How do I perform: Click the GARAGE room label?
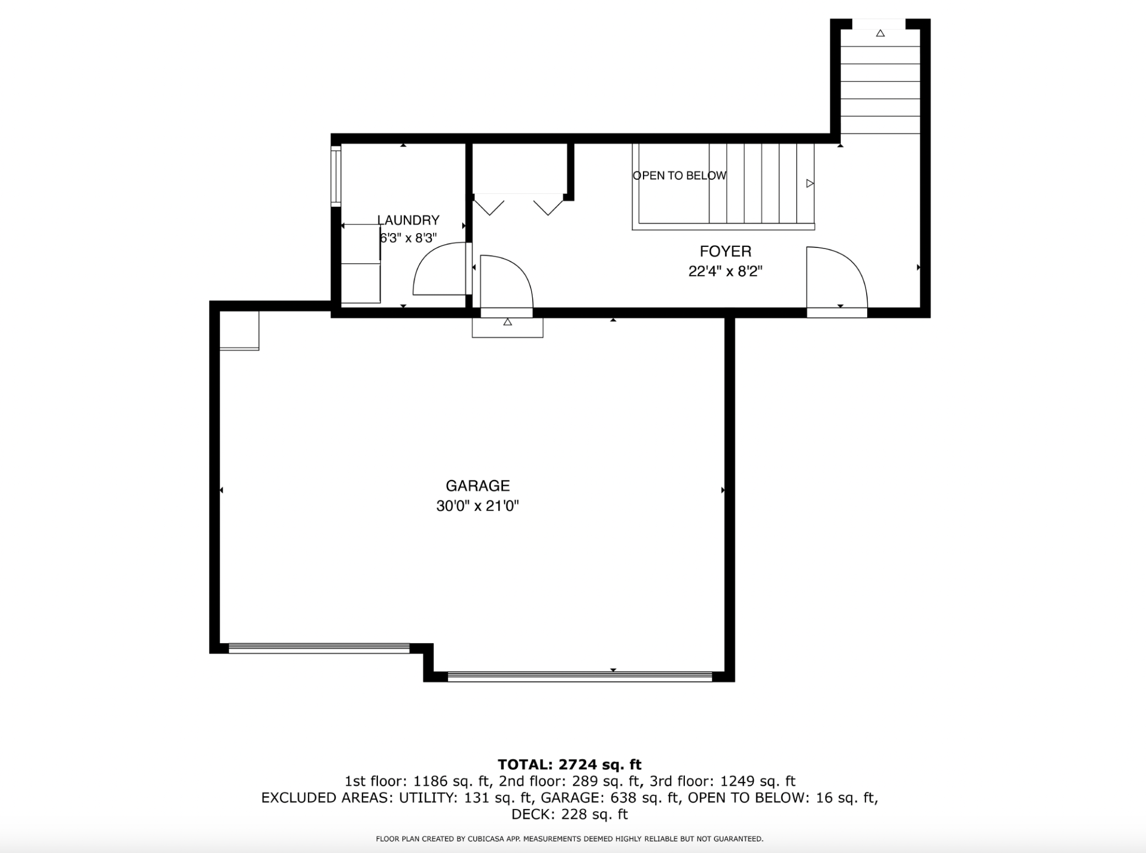click(x=478, y=485)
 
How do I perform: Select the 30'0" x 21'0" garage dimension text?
click(x=478, y=506)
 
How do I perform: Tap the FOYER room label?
click(x=726, y=251)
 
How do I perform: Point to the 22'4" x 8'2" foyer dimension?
click(x=726, y=271)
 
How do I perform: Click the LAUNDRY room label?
click(x=408, y=220)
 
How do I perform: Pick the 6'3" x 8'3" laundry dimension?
click(x=408, y=238)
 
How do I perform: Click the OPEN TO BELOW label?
click(x=679, y=175)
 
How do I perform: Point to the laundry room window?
click(x=336, y=176)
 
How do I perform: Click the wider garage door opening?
click(x=580, y=676)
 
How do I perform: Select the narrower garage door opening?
click(x=319, y=648)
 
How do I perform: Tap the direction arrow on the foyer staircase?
click(x=810, y=183)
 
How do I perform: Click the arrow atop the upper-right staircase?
click(x=880, y=33)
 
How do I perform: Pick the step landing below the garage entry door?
click(x=507, y=328)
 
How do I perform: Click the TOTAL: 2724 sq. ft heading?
click(x=570, y=764)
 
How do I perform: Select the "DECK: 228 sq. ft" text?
click(x=570, y=814)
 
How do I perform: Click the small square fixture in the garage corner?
click(x=239, y=331)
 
